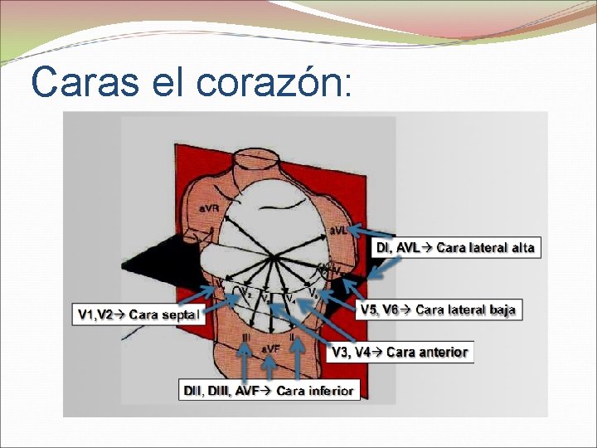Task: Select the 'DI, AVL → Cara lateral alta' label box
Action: [455, 247]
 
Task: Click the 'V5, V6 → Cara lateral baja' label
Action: [439, 309]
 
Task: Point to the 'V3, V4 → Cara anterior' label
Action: [400, 352]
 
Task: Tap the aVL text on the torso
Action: [340, 230]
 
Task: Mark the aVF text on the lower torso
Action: [271, 348]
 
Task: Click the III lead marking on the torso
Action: [246, 339]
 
